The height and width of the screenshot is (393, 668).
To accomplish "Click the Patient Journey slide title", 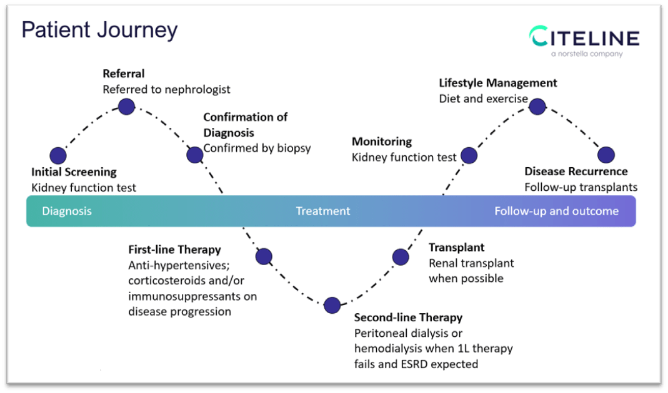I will (99, 30).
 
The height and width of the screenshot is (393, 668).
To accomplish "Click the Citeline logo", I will (584, 37).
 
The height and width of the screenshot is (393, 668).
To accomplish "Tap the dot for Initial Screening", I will (58, 155).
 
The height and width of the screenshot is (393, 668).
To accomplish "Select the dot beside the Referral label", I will (127, 107).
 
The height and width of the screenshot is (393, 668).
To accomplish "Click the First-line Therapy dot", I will (264, 256).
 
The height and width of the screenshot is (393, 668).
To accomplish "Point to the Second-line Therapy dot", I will (332, 305).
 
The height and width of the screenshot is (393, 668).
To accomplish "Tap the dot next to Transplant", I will (401, 256).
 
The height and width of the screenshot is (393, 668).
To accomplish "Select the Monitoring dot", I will (469, 155).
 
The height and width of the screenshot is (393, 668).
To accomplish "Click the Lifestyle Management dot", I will (537, 107).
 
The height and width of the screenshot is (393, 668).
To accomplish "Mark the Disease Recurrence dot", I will (606, 155).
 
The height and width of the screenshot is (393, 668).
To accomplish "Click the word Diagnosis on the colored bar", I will (67, 211).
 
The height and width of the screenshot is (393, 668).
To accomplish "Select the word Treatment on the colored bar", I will (323, 211).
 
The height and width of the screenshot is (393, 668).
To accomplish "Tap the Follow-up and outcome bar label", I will (556, 211).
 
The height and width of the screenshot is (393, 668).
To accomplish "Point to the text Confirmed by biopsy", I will (257, 148).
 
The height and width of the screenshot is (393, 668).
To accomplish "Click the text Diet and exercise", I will (483, 99).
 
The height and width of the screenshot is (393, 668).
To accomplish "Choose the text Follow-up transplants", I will (581, 187).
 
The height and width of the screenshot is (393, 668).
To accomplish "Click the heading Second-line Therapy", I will (408, 318).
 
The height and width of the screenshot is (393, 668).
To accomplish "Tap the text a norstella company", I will (587, 54).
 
